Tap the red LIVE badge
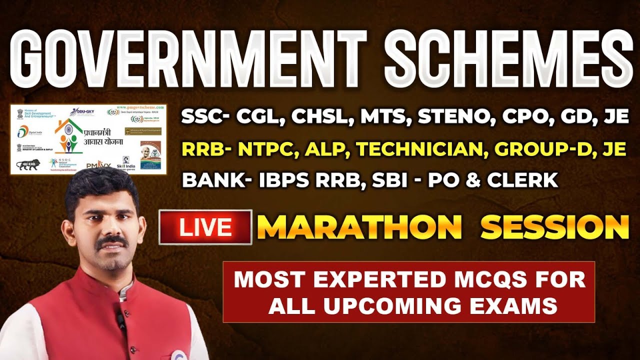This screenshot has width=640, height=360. point(205,227)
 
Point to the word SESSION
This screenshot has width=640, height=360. point(554,227)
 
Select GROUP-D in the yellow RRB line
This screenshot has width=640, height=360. point(540,149)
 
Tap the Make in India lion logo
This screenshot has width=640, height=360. point(28,164)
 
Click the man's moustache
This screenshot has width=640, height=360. point(111,243)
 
